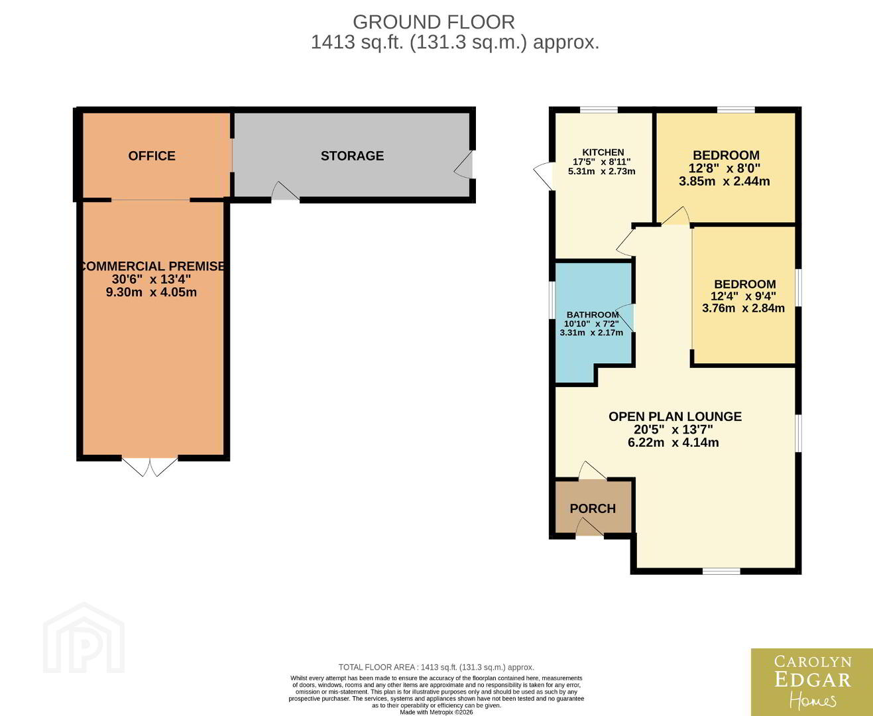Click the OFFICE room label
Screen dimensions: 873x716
point(152,156)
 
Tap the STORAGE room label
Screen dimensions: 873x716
point(352,156)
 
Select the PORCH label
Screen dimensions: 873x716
point(593,508)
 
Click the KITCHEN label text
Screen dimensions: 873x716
point(603,152)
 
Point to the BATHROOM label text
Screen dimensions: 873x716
point(593,314)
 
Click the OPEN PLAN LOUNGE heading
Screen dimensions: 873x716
point(675,416)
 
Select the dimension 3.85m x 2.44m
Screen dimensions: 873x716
point(725,181)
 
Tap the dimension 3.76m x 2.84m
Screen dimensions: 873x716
point(744,308)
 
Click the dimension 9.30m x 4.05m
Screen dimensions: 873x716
point(152,292)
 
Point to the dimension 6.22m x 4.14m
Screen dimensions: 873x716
point(673,442)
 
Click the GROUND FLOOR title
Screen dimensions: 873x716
point(434,22)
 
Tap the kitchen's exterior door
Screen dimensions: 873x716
point(544,176)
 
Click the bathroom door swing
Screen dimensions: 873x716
point(625,318)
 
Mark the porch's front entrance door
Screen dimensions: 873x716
point(589,528)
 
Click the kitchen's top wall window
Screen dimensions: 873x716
point(599,110)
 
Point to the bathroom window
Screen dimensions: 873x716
point(552,300)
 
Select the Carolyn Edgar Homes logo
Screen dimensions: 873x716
point(812,682)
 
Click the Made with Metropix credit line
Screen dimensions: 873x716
point(436,712)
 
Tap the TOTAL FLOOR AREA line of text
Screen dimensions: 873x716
point(436,667)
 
